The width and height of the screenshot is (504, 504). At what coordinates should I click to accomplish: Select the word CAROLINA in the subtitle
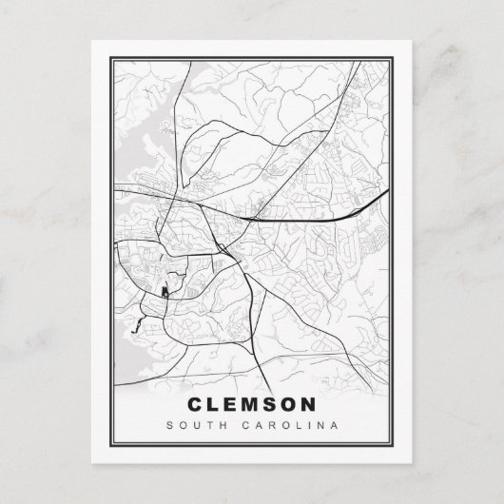tap(289, 424)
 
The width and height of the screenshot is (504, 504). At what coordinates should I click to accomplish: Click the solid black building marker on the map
tap(165, 293)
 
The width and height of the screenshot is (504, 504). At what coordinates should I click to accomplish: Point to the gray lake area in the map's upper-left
tap(127, 143)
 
